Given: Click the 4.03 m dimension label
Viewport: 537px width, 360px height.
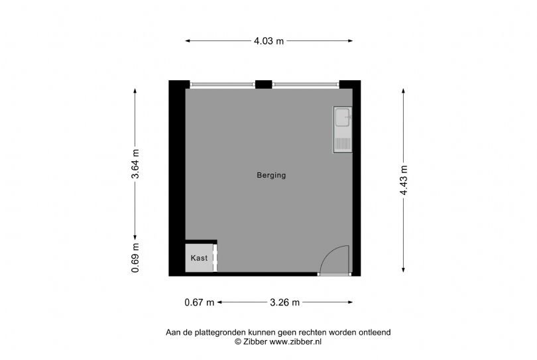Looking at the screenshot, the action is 269,41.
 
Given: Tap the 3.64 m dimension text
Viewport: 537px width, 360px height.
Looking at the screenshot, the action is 135,164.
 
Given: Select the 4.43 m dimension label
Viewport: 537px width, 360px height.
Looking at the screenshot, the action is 404,180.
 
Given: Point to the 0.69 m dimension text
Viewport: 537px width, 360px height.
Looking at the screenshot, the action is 135,258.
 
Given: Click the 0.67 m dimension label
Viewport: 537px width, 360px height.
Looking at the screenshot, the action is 200,302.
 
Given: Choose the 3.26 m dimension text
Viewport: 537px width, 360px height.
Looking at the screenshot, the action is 284,302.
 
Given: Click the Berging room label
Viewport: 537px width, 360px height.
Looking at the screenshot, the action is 271,176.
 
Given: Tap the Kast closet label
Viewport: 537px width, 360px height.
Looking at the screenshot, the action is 199,258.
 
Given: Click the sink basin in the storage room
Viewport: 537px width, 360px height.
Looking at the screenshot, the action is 343,117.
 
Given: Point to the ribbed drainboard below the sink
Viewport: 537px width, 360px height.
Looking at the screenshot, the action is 343,143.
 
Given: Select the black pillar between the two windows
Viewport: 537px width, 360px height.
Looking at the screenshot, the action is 264,84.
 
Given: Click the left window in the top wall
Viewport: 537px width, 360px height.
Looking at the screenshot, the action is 223,85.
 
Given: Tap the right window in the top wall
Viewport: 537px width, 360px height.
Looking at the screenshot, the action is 306,85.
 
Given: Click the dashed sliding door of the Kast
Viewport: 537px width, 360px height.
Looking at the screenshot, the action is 215,258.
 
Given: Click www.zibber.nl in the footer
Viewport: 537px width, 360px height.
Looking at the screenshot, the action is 296,341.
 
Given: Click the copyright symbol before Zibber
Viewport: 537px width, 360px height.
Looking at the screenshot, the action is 238,341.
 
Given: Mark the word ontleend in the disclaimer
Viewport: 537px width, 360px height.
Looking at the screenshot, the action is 375,332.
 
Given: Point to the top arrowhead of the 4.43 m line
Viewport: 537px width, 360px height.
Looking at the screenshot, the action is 404,91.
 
